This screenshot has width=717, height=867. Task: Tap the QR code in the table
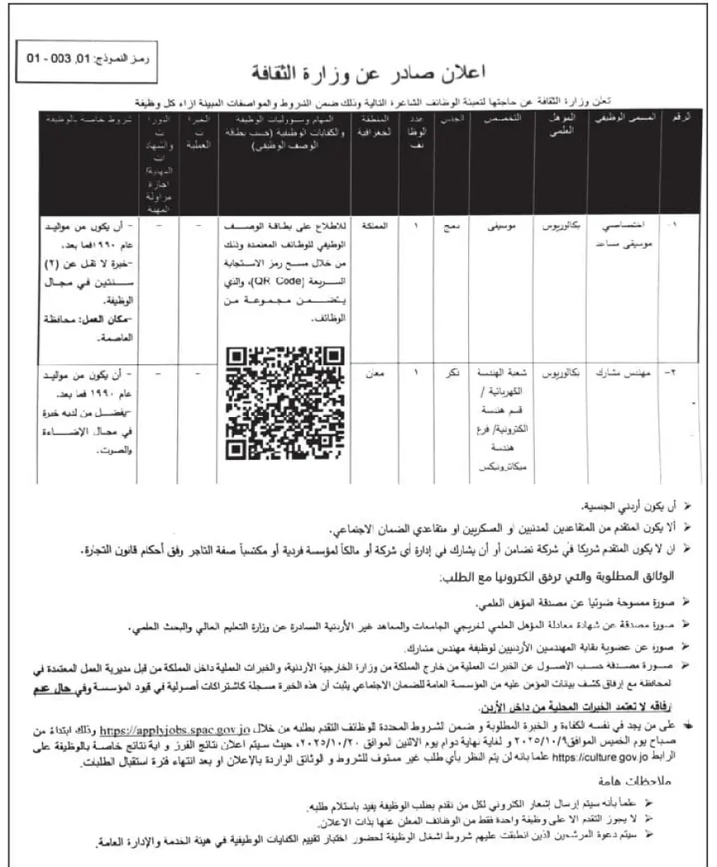coord(284,403)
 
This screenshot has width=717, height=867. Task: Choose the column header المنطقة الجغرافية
coord(375,124)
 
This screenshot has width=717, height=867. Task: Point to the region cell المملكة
coord(375,224)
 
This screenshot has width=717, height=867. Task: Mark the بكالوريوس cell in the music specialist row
coord(565,224)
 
